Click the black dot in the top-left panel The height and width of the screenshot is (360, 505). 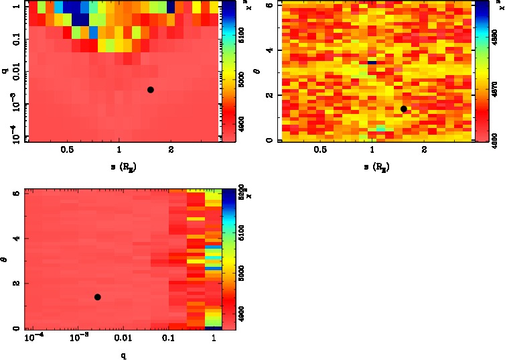[151, 90]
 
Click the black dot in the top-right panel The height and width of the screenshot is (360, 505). [403, 109]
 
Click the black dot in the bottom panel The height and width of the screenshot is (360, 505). [97, 297]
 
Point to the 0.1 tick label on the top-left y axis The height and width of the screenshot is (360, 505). [14, 40]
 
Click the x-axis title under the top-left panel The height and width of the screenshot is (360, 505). [120, 166]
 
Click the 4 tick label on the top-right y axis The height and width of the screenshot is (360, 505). [267, 50]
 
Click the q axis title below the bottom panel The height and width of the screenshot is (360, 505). [123, 355]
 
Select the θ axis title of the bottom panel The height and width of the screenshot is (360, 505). [5, 259]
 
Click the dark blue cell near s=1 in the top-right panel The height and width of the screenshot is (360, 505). [372, 62]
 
